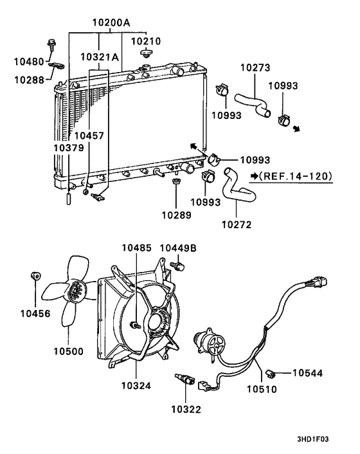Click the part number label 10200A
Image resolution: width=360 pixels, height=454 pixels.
111,23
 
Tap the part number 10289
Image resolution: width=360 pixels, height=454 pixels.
175,215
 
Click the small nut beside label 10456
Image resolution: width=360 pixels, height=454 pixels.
36,277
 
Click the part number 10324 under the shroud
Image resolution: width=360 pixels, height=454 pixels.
136,385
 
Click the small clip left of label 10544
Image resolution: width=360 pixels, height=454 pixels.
273,372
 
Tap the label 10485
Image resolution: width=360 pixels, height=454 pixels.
136,248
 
